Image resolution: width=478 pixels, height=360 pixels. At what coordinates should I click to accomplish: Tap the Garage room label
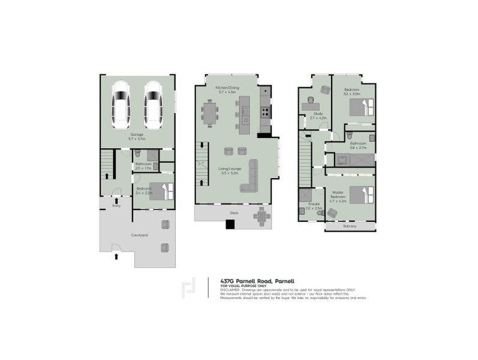[x=137, y=136]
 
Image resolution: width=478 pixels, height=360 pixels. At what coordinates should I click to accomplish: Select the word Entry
[x=116, y=206]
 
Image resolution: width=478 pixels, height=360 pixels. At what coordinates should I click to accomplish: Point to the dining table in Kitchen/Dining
[x=210, y=112]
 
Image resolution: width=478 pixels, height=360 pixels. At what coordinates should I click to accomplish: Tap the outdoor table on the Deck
[x=261, y=217]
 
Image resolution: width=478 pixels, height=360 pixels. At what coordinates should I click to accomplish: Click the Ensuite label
[x=313, y=204]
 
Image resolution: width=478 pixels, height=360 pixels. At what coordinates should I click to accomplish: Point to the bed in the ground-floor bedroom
[x=162, y=190]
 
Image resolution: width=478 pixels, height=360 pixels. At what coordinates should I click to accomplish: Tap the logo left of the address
[x=188, y=289]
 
